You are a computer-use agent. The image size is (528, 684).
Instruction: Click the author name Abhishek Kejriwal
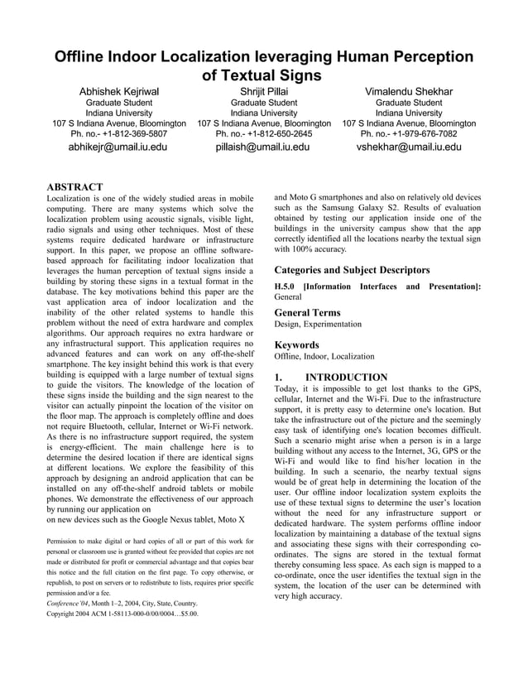(119, 90)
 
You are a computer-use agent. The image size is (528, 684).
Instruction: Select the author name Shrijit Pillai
(264, 90)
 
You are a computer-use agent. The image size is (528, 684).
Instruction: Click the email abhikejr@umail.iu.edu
(118, 147)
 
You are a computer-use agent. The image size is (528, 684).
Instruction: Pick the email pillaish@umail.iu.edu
(263, 147)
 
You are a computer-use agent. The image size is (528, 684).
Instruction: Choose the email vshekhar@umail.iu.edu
(409, 147)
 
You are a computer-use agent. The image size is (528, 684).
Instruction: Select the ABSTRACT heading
(74, 187)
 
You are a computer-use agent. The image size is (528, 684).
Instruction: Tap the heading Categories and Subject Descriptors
(352, 269)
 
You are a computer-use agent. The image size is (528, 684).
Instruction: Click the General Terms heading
(307, 312)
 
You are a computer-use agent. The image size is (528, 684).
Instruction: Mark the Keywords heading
(296, 344)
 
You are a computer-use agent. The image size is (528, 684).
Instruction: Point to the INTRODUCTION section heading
(346, 377)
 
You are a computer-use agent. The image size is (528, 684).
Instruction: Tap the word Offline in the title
(86, 57)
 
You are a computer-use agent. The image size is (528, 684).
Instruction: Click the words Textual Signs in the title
(262, 75)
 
